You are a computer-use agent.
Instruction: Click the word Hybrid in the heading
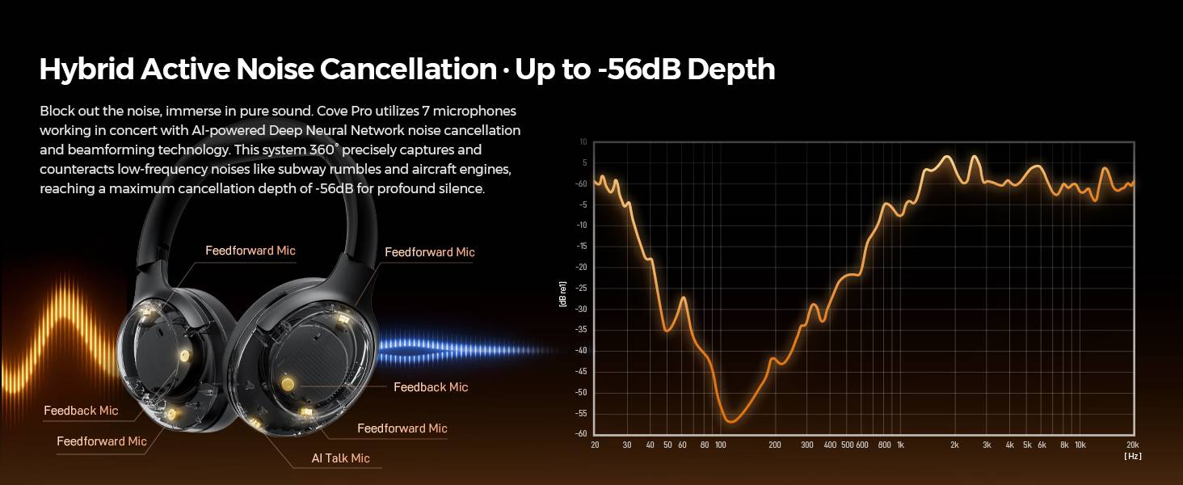pos(86,70)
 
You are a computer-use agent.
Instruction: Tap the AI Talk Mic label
pos(340,458)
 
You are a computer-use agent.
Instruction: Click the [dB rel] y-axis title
pos(562,293)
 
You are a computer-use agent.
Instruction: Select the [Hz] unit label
pos(1132,456)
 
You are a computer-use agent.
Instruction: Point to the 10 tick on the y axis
pos(583,142)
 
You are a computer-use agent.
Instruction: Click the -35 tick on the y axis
pos(581,330)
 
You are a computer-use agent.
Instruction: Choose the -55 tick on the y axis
pos(581,413)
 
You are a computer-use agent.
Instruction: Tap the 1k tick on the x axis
pos(900,445)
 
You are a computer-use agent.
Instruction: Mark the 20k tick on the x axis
pos(1131,445)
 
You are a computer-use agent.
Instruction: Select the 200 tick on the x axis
pos(775,445)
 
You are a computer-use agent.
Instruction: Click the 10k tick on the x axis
pos(1080,445)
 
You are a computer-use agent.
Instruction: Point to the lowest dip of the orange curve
pos(730,421)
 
